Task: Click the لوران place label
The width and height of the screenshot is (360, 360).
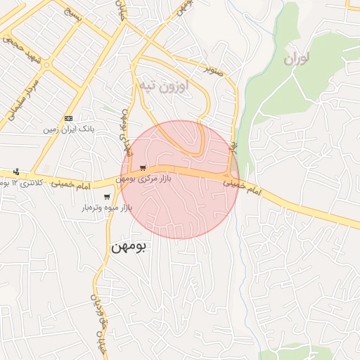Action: (297, 58)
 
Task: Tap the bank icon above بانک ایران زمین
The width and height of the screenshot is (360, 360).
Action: (68, 118)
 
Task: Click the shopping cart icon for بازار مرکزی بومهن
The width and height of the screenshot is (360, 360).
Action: (143, 167)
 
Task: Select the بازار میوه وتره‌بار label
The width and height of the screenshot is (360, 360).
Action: (107, 208)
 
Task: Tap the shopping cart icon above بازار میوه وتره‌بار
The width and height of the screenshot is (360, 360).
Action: (107, 197)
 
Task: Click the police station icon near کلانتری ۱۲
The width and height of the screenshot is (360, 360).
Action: (17, 172)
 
